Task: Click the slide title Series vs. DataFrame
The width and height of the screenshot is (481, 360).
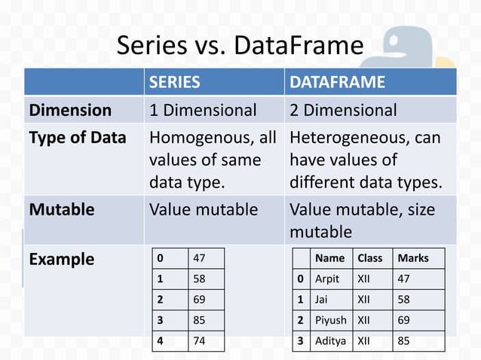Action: [240, 47]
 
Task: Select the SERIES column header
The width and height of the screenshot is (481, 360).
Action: [174, 81]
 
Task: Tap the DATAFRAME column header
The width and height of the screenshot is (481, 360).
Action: [338, 81]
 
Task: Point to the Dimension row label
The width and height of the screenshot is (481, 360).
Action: [70, 110]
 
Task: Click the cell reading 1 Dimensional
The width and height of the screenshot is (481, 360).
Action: [203, 110]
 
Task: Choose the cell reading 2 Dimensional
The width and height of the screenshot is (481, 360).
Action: [343, 110]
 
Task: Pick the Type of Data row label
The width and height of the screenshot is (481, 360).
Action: [78, 139]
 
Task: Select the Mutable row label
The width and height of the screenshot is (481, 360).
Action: [62, 209]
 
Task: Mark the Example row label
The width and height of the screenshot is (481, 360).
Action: [62, 260]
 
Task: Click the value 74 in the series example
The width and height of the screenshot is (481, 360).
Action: [200, 340]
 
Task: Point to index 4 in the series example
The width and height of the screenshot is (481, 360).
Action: [160, 340]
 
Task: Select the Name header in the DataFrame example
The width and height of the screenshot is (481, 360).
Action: [329, 258]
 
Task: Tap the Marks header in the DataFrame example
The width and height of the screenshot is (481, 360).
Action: [412, 258]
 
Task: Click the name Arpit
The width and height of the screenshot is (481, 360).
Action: [327, 279]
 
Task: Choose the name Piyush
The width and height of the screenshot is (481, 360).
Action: [331, 319]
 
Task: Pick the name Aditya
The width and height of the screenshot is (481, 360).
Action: [331, 340]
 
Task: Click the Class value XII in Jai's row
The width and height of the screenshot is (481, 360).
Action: [364, 299]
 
